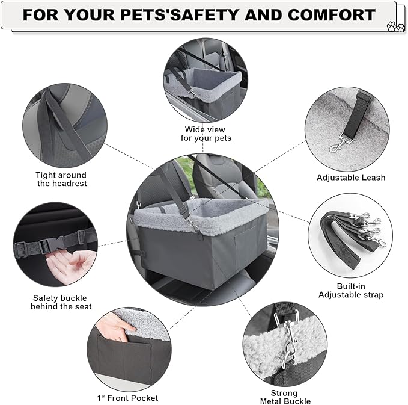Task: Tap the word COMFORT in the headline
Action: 332,15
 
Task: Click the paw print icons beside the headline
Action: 395,26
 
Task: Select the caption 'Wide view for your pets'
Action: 206,134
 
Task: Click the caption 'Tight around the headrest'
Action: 61,179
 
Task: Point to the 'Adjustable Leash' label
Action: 351,178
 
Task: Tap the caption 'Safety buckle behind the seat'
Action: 61,302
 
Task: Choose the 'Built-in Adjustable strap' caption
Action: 351,290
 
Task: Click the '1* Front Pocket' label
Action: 127,398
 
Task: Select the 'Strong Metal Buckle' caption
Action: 285,397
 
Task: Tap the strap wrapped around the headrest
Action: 65,125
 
